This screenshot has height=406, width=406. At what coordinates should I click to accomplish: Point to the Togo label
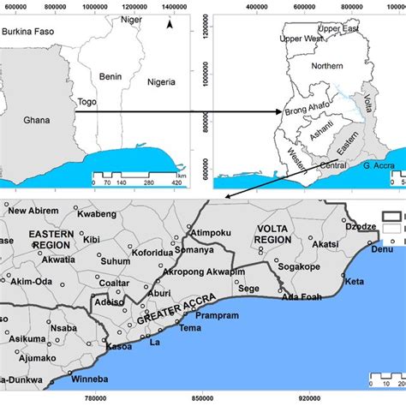click(85, 100)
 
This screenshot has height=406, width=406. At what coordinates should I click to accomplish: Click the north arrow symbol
click(170, 24)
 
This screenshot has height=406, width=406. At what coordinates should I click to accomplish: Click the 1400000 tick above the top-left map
click(173, 6)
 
